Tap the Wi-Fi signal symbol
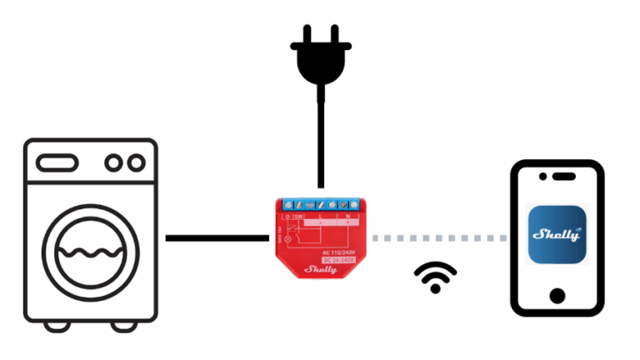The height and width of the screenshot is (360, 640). (435, 278)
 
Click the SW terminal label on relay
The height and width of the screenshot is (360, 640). (298, 216)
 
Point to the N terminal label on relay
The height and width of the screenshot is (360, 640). (347, 216)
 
